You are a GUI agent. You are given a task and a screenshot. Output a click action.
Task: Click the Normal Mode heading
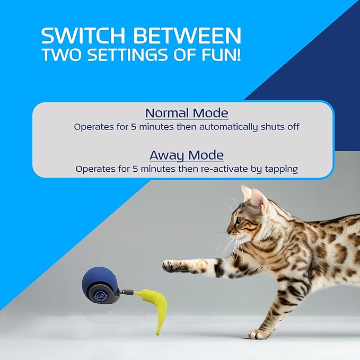click(x=187, y=113)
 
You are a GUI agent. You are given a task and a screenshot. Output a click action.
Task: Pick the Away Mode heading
click(x=187, y=155)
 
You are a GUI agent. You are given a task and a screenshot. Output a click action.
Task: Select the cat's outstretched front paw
click(x=171, y=265)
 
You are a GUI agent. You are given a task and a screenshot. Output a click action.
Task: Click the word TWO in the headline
click(x=63, y=55)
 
